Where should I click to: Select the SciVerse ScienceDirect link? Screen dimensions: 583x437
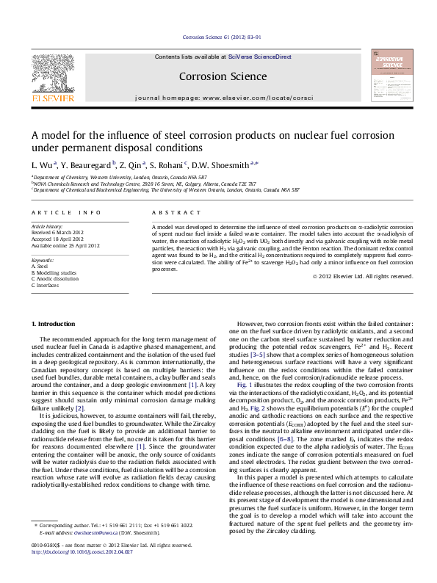click(x=260, y=57)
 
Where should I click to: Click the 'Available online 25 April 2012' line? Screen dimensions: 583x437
click(x=65, y=245)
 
